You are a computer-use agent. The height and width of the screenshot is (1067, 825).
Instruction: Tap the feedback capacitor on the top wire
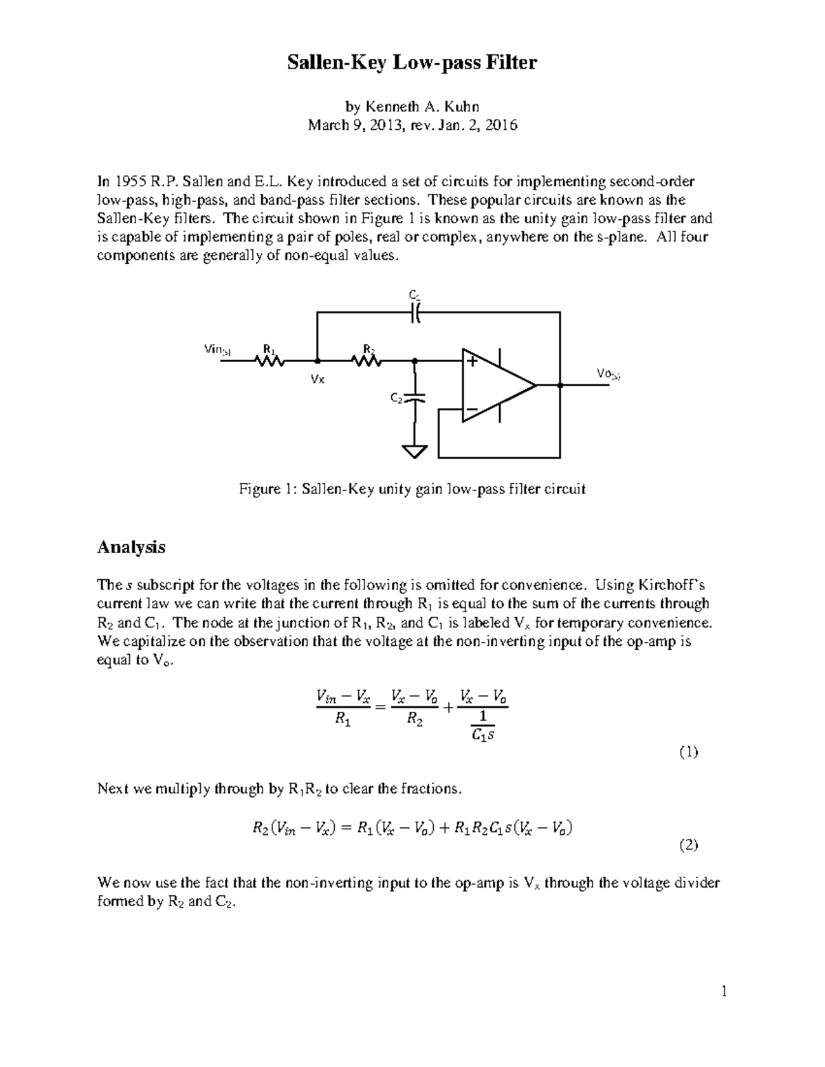(415, 313)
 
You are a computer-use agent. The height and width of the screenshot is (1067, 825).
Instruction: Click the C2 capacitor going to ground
(414, 398)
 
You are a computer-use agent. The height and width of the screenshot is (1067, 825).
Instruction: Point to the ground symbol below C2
(414, 451)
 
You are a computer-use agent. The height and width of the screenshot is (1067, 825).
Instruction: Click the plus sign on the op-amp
(473, 361)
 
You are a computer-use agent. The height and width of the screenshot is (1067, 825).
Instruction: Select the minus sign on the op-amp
(472, 409)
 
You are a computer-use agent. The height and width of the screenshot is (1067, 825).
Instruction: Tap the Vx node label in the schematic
(318, 379)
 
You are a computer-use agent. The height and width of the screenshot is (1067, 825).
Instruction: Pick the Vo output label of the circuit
(608, 373)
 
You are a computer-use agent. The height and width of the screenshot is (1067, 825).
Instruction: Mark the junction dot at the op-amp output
(560, 385)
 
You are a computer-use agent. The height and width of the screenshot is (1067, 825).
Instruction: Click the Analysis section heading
(131, 548)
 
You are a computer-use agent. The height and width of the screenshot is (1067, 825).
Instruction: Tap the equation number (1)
(688, 752)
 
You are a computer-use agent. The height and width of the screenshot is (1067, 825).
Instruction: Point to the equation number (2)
(688, 845)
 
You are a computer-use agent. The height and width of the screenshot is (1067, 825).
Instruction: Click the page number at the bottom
(723, 991)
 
